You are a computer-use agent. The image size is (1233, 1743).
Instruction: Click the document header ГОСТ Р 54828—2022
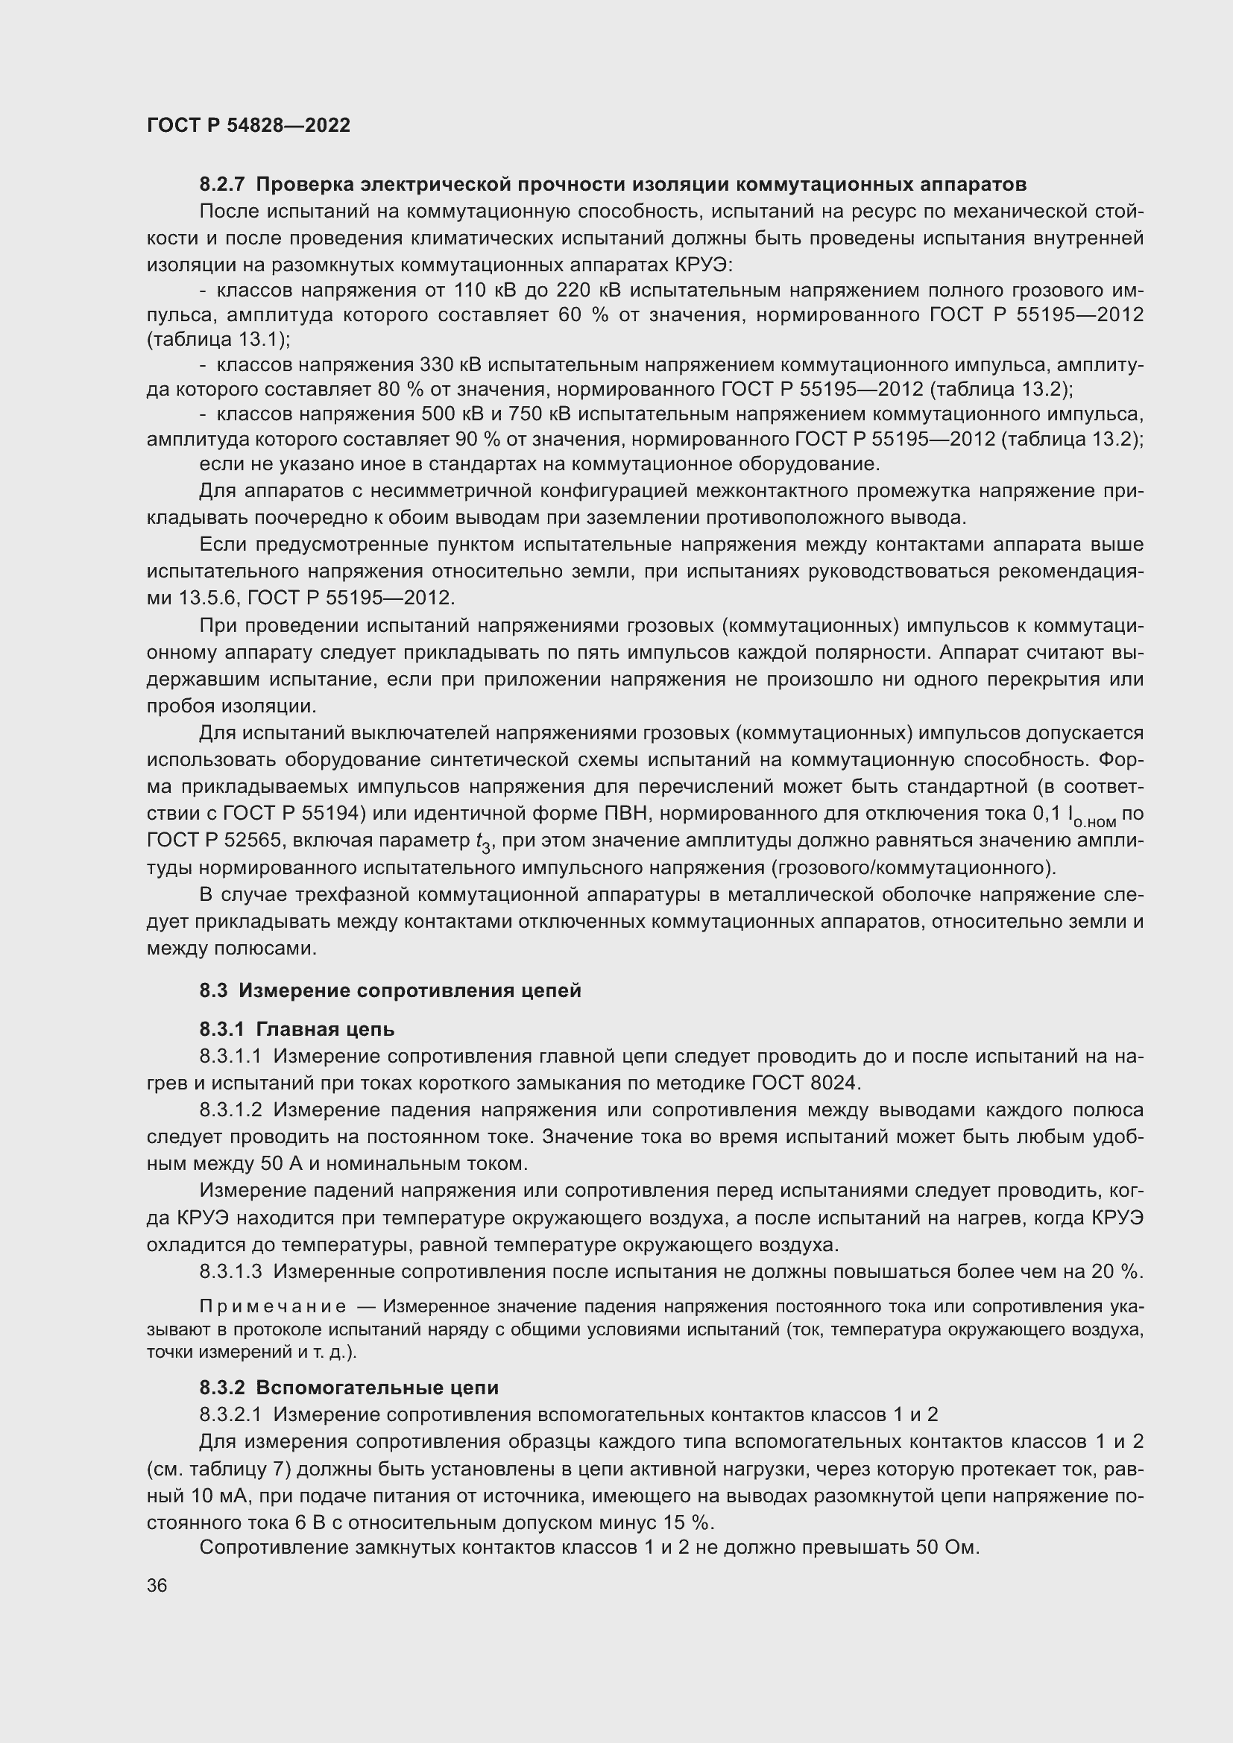(248, 126)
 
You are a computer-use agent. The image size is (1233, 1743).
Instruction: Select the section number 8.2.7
(222, 185)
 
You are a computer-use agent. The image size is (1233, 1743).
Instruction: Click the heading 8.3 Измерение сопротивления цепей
(390, 990)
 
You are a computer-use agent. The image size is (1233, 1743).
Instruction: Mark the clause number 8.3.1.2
(231, 1110)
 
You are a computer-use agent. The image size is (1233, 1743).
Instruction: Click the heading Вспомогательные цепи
(377, 1388)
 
